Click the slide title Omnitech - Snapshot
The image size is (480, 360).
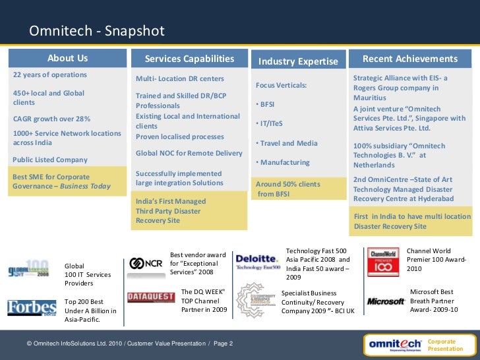[x=96, y=32]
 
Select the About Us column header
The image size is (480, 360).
[x=67, y=59]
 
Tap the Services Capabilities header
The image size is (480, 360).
[x=189, y=59]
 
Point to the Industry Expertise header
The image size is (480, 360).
[x=298, y=61]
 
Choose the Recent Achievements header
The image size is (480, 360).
[x=409, y=59]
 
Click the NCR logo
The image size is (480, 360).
[x=146, y=264]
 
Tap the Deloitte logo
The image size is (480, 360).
[x=258, y=261]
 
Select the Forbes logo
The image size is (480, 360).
[x=32, y=309]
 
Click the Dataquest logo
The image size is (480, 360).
[x=150, y=297]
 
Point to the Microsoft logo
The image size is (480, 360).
[x=386, y=301]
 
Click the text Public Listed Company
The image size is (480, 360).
[x=50, y=160]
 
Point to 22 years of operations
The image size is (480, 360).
[x=50, y=75]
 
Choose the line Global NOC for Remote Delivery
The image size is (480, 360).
[x=189, y=153]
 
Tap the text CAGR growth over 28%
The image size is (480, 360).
[x=52, y=119]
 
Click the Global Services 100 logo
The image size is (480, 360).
[x=29, y=270]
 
